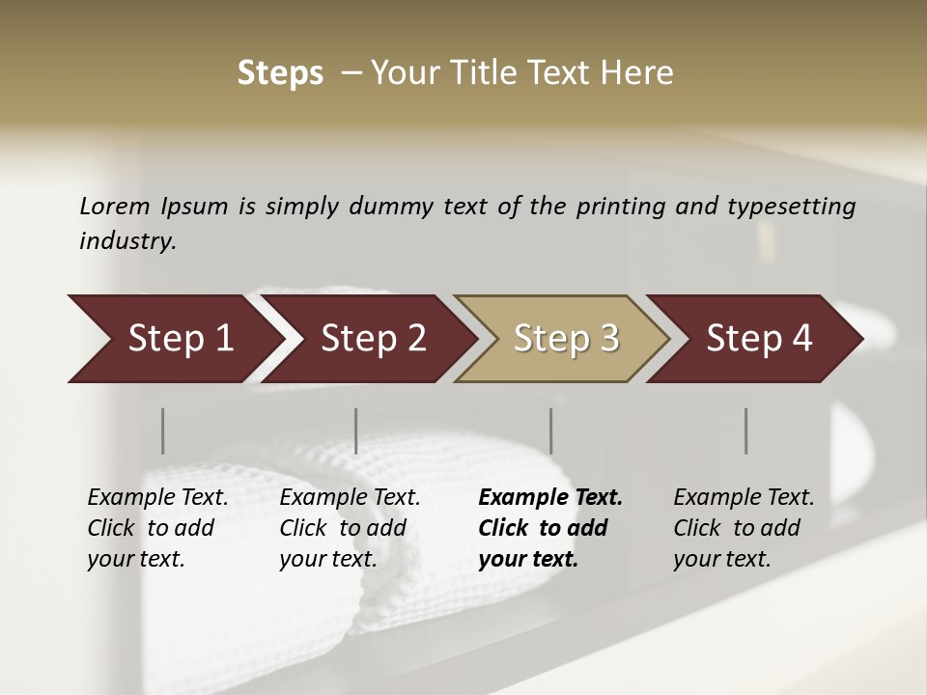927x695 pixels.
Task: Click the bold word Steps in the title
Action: pos(280,73)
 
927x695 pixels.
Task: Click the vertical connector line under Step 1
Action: pos(163,431)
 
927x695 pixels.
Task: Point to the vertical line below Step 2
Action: pos(356,431)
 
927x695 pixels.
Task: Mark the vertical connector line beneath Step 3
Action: pos(551,431)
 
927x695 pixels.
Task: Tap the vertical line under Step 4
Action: pos(746,431)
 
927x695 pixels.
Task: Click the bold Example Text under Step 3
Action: pos(550,527)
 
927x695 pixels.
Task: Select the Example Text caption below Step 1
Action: pos(157,527)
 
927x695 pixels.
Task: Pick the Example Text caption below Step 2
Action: pos(350,527)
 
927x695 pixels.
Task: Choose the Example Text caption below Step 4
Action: pos(744,527)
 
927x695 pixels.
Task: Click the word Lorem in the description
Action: pos(115,206)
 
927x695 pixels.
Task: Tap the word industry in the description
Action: pos(126,241)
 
